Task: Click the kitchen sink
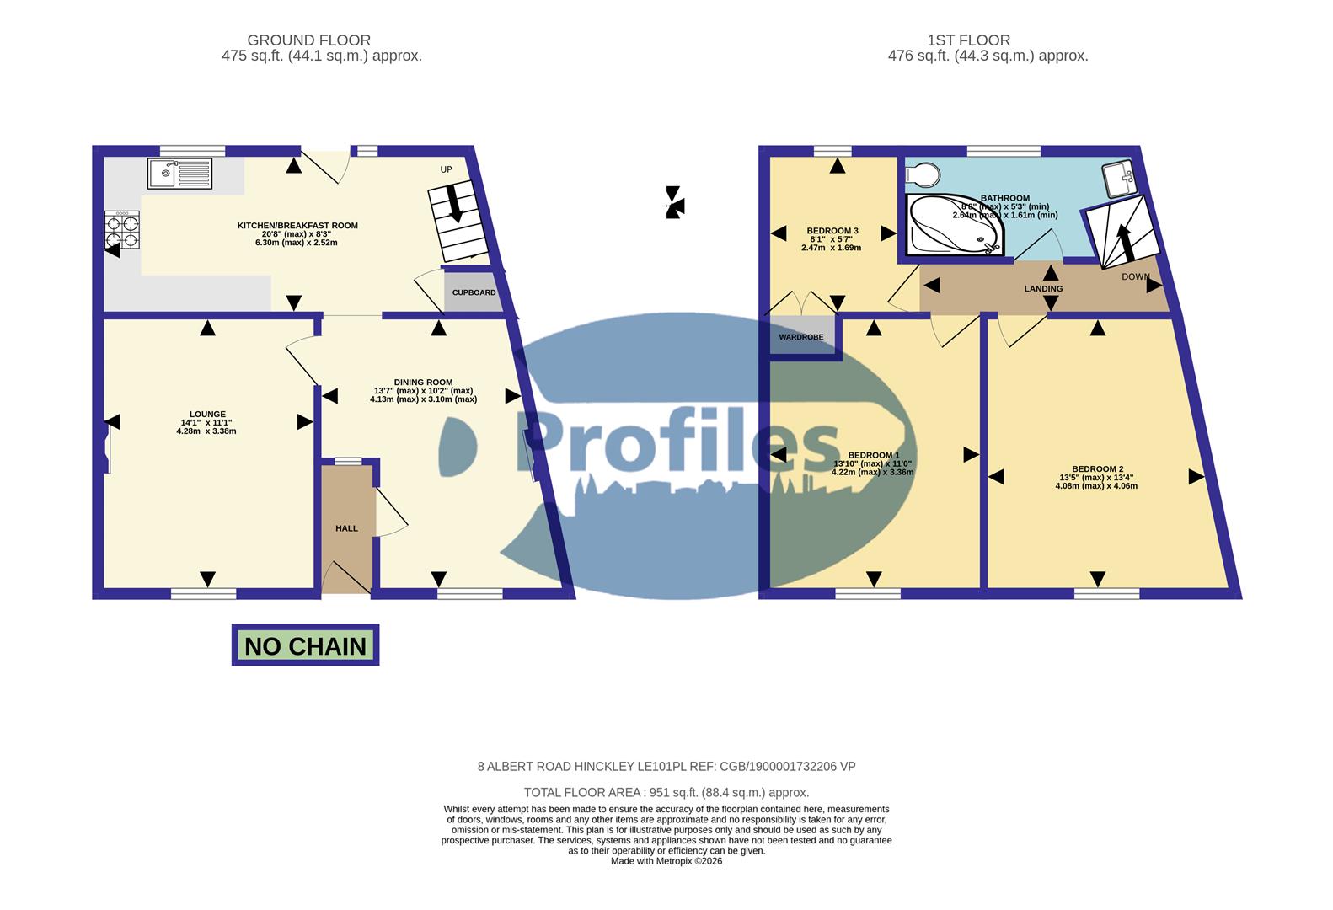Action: pos(179,174)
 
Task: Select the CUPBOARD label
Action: pos(474,292)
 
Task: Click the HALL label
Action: pos(346,528)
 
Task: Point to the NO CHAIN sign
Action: pos(305,645)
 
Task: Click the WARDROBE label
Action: pos(800,337)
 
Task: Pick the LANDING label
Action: pos(1043,288)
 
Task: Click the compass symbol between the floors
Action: pos(674,202)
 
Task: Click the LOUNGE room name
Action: pos(207,415)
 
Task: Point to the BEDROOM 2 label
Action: pos(1097,469)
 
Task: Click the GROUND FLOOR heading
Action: pos(308,40)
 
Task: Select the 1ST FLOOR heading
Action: pos(968,40)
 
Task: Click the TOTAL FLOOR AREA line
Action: pos(666,792)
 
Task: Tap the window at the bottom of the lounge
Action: pos(204,594)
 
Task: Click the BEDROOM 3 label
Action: pos(832,231)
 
